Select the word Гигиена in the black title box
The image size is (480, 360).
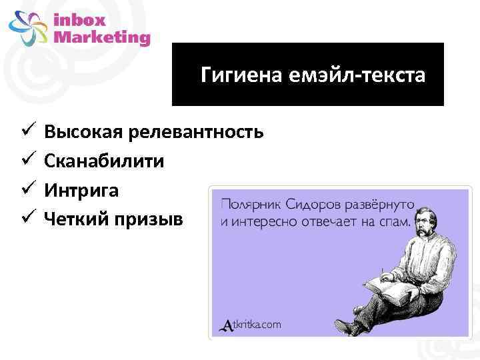[x=241, y=75]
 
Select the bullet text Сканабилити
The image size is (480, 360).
[x=104, y=161]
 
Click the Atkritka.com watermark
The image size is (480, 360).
[x=251, y=325]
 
